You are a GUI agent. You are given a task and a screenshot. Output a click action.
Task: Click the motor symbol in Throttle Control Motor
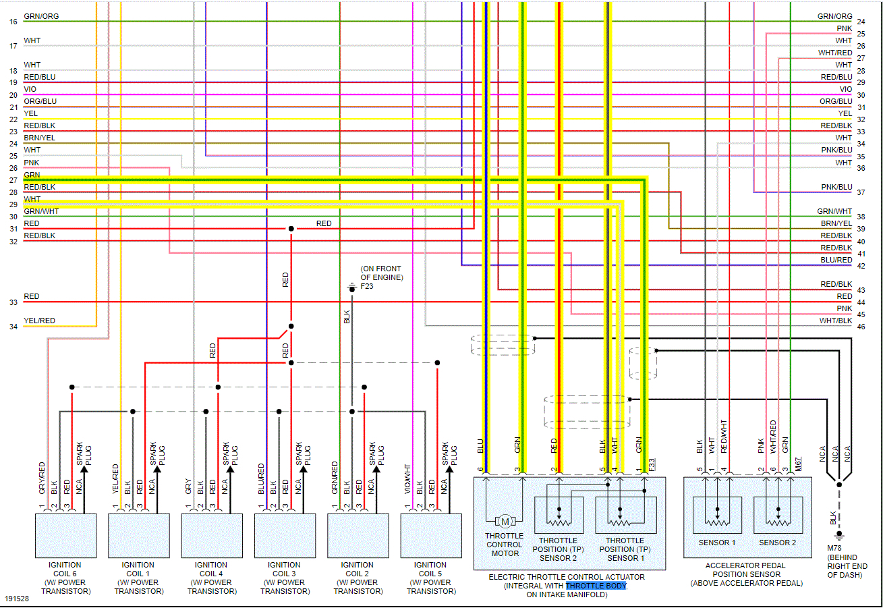[x=505, y=521]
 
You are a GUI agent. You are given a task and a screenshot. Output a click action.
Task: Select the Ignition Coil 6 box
[x=65, y=535]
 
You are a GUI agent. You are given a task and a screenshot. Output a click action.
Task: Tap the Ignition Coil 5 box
[x=431, y=535]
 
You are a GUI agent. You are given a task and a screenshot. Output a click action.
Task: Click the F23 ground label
[x=366, y=286]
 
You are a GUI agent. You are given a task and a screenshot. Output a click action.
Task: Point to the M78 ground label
[x=834, y=548]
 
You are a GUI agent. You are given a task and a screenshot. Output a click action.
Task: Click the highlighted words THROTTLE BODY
[x=596, y=586]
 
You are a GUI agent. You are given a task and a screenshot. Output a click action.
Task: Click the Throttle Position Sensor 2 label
[x=558, y=549]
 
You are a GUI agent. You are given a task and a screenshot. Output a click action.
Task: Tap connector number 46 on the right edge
[x=861, y=327]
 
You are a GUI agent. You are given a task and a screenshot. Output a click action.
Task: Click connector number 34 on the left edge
[x=13, y=327]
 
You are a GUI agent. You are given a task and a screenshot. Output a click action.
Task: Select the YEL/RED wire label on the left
[x=39, y=321]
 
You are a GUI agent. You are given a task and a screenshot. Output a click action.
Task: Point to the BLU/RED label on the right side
[x=836, y=260]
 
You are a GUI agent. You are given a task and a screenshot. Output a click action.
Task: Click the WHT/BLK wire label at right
[x=836, y=321]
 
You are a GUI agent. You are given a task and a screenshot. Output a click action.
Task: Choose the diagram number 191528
[x=17, y=599]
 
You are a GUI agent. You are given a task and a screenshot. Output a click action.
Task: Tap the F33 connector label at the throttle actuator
[x=651, y=466]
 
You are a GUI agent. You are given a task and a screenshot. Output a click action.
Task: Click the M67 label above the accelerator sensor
[x=798, y=466]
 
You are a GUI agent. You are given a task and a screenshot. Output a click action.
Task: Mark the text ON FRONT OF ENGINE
[x=381, y=273]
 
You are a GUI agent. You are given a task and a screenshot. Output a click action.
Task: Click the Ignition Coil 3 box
[x=285, y=535]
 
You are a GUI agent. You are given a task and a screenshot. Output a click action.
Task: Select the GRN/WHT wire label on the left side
[x=41, y=211]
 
